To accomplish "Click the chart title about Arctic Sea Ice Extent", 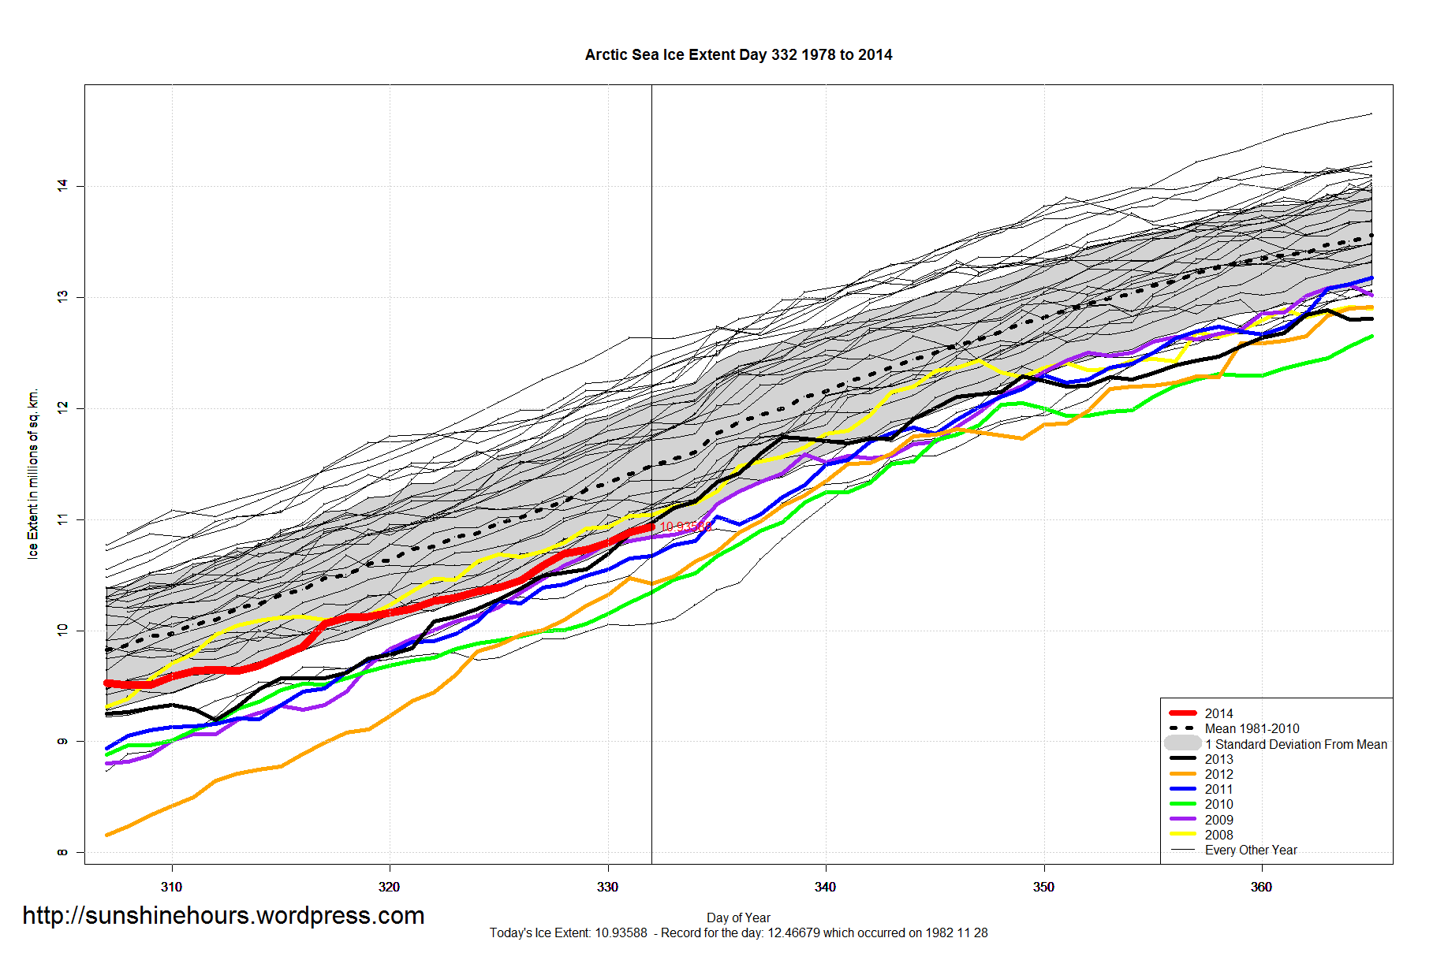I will [x=738, y=55].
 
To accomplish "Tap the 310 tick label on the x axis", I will [x=171, y=887].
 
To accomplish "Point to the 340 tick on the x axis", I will [x=825, y=887].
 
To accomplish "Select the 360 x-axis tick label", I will [x=1261, y=887].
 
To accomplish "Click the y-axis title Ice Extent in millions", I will [x=33, y=473].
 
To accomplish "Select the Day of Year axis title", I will [x=738, y=917].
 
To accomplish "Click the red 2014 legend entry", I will [x=1218, y=713].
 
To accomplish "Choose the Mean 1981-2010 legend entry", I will [x=1252, y=728].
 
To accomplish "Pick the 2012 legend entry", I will [x=1218, y=774].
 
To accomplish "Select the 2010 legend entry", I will [x=1218, y=804].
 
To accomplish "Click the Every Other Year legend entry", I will [x=1251, y=850].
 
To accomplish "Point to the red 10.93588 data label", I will [x=685, y=527].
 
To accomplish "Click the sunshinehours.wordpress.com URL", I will [x=223, y=916].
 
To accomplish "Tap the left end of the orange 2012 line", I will [x=107, y=835].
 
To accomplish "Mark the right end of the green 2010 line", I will [x=1372, y=337].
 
